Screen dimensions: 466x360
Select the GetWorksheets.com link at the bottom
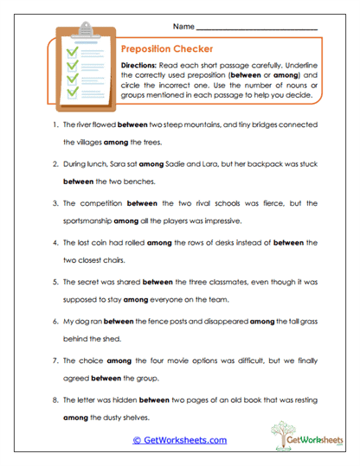(179, 440)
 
